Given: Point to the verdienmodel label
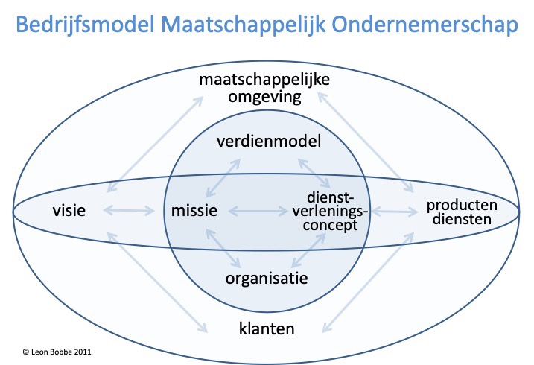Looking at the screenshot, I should pyautogui.click(x=268, y=141).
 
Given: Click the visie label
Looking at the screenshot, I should pyautogui.click(x=71, y=211).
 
